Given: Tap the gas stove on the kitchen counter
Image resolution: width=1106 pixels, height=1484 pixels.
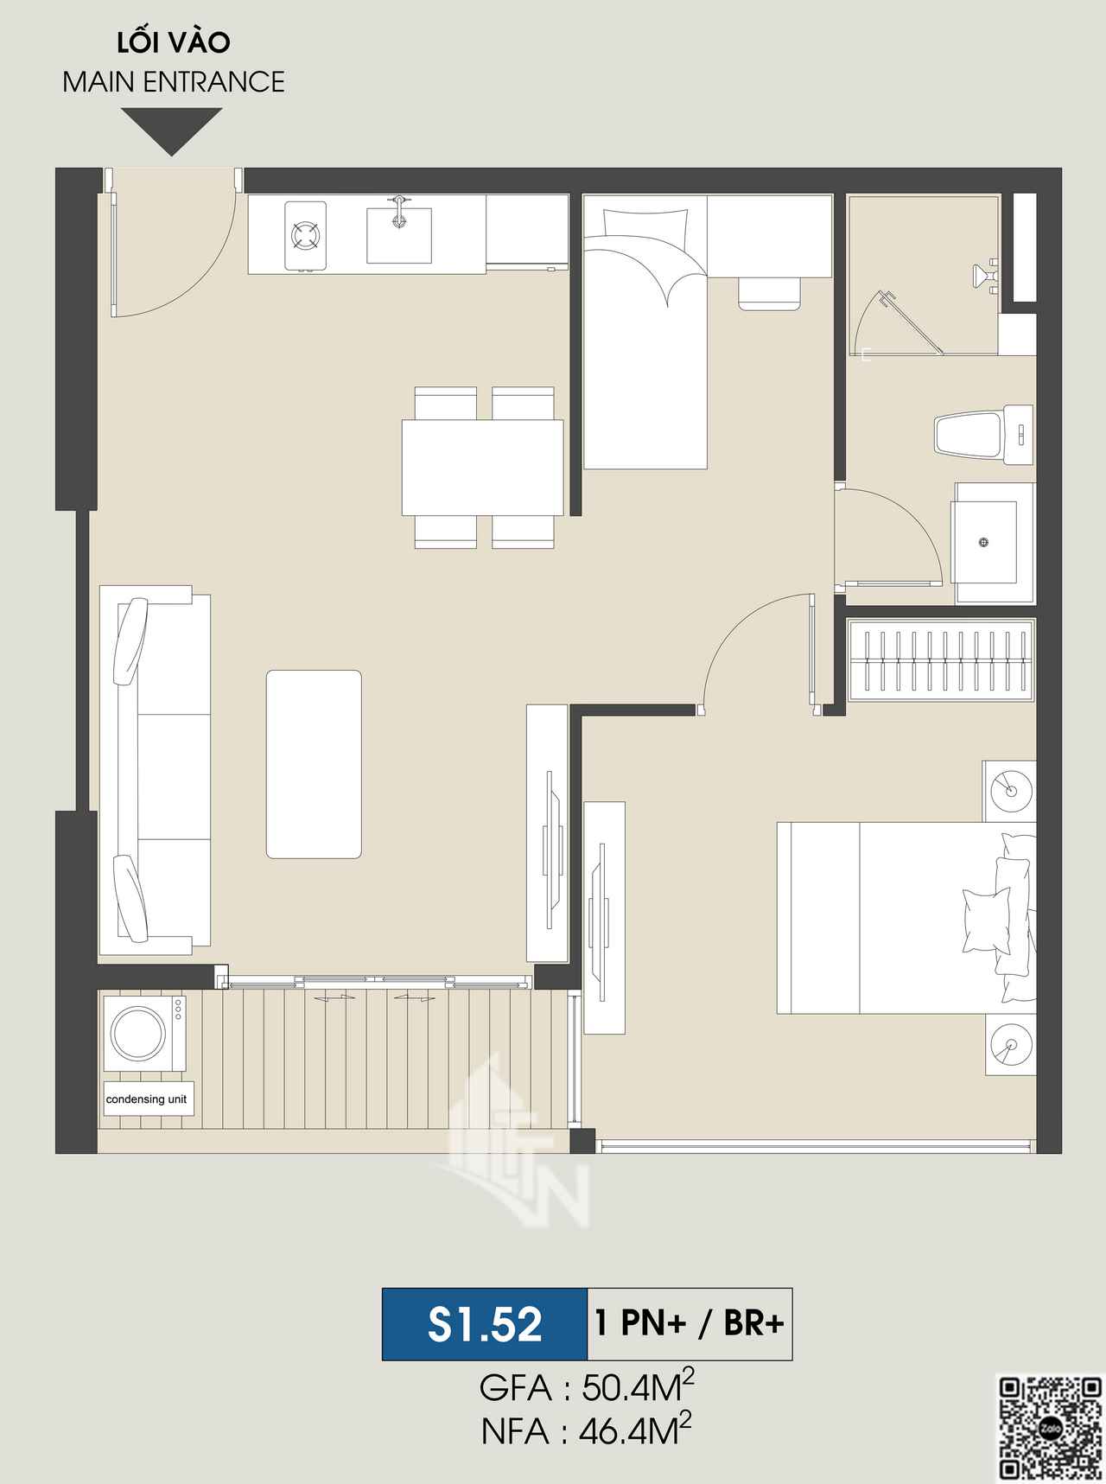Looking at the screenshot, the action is [306, 236].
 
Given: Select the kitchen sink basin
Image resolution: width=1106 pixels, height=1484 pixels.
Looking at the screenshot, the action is [398, 234].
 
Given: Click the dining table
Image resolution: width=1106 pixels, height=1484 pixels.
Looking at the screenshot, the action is [482, 468].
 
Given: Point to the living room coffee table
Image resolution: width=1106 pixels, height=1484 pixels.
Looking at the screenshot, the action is [314, 764].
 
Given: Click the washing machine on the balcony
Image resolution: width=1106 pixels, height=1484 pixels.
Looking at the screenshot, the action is [144, 1034].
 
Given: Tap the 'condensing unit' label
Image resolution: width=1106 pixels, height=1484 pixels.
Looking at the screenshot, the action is [147, 1099].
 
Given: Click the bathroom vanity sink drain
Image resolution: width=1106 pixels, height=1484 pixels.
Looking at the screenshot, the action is [983, 543].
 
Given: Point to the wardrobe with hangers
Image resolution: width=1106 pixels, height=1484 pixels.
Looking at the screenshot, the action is [941, 660].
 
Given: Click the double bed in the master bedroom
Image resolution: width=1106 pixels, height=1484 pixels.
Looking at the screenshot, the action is [906, 917].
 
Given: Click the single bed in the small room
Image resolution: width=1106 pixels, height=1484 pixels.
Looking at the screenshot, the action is [645, 332].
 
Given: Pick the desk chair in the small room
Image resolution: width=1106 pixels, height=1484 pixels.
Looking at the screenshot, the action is [769, 293].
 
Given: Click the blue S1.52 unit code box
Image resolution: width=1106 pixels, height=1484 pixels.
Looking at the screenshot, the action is [485, 1324].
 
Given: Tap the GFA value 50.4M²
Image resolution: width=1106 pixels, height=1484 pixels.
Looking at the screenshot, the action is [639, 1389].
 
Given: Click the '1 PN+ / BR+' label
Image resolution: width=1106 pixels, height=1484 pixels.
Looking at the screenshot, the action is [690, 1324].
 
